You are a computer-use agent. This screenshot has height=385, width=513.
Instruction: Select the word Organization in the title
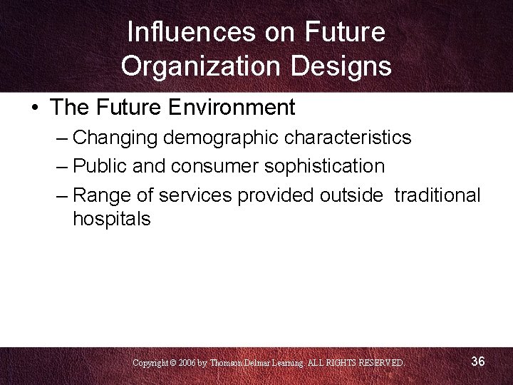pos(198,66)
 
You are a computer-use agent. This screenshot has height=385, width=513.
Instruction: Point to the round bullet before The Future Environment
pos(35,108)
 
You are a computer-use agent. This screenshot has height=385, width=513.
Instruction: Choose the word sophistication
pos(324,166)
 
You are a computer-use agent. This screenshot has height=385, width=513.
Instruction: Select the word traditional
pos(437,195)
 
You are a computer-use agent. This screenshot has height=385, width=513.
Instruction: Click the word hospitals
pos(112,219)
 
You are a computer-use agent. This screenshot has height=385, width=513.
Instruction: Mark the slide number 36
pos(478,362)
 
